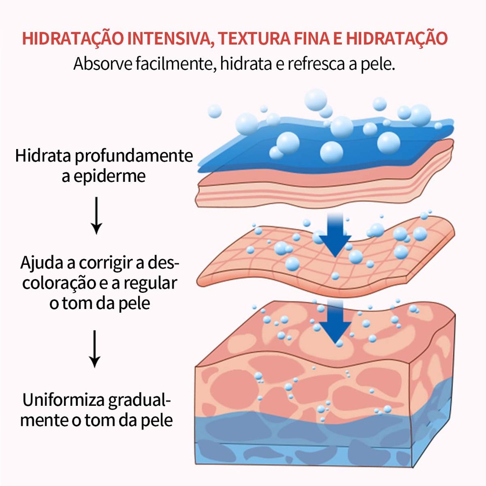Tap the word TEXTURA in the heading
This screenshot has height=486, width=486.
coord(254,38)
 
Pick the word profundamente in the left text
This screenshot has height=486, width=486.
coord(134,156)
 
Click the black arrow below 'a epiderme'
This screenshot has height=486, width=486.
coord(96,215)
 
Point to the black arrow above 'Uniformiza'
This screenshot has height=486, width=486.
coord(94,349)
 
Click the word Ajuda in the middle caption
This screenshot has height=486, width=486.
coord(42,263)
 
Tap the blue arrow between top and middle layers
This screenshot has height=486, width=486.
coord(335,234)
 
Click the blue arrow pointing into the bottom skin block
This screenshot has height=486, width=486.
coord(335,322)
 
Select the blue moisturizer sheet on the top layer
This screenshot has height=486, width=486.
coord(326,146)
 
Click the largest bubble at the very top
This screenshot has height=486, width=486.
coord(316,100)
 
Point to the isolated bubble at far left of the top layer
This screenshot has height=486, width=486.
coord(215,111)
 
